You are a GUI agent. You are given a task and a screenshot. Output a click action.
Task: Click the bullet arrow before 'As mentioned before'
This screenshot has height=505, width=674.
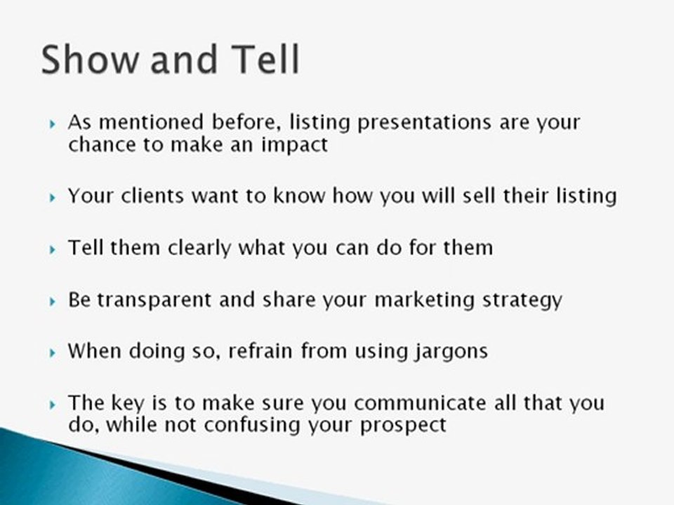pos(53,124)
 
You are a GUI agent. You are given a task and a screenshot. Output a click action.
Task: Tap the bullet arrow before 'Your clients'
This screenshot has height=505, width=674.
pos(53,197)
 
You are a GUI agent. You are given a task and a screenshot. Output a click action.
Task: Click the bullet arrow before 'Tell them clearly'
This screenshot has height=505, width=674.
pos(53,250)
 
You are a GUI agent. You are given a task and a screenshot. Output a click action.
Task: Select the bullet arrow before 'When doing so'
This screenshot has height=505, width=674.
pos(53,353)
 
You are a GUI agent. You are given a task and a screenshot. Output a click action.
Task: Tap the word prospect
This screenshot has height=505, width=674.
pos(404,426)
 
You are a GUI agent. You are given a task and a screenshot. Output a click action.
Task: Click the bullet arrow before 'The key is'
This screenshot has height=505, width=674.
pos(53,405)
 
